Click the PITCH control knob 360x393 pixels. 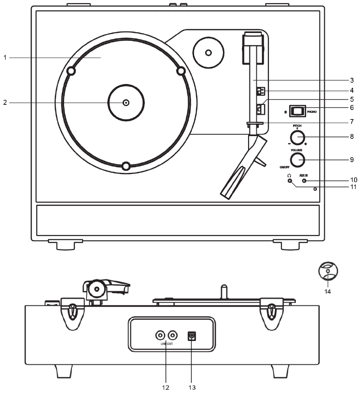[x=297, y=138]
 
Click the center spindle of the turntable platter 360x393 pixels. [x=125, y=103]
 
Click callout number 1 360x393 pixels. [x=5, y=58]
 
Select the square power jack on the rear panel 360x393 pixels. [x=190, y=335]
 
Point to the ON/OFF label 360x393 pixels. [x=283, y=166]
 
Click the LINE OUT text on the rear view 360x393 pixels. [x=166, y=344]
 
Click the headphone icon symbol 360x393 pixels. [x=289, y=175]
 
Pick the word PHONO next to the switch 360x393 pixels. [x=312, y=111]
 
